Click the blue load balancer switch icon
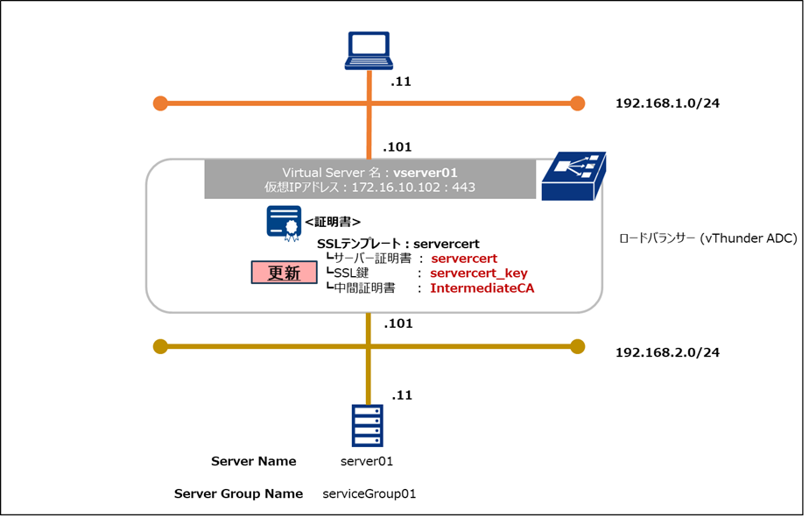[x=571, y=175]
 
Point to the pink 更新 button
[x=284, y=273]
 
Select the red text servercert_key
[x=479, y=273]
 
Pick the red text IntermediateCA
[x=482, y=288]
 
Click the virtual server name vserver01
[x=426, y=173]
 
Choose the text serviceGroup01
[x=369, y=493]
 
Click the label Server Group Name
[x=238, y=493]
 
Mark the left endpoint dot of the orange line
[x=159, y=103]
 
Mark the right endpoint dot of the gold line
[x=577, y=346]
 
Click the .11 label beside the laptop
[x=401, y=82]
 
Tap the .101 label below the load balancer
[x=397, y=323]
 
